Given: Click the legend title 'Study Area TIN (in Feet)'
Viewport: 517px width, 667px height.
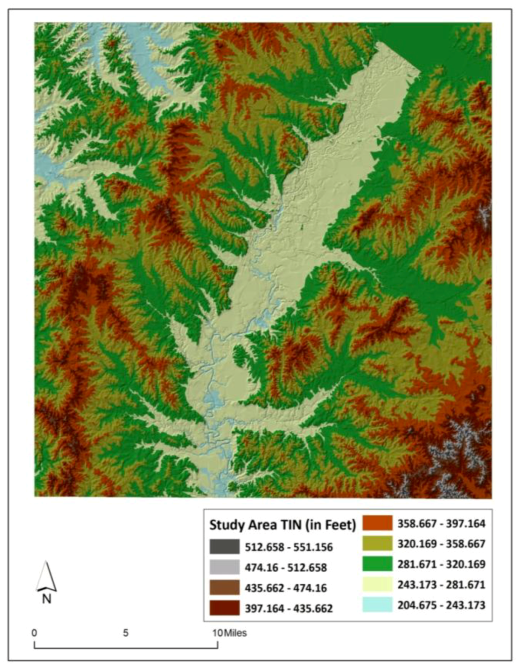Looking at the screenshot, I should [282, 525].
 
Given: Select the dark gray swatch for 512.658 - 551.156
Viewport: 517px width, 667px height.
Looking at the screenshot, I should [225, 547].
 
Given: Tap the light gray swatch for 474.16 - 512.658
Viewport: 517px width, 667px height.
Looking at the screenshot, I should [225, 568].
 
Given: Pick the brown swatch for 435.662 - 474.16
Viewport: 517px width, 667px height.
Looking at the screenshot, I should [225, 588].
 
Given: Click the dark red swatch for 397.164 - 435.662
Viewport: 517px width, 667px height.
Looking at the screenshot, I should [225, 608].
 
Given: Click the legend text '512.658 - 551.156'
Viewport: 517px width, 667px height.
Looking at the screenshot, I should [289, 547].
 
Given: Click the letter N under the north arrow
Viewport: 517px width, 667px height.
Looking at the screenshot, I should [46, 599].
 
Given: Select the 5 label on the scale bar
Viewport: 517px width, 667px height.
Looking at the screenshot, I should [126, 633].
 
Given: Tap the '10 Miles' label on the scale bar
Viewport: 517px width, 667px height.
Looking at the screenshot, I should [230, 633].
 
